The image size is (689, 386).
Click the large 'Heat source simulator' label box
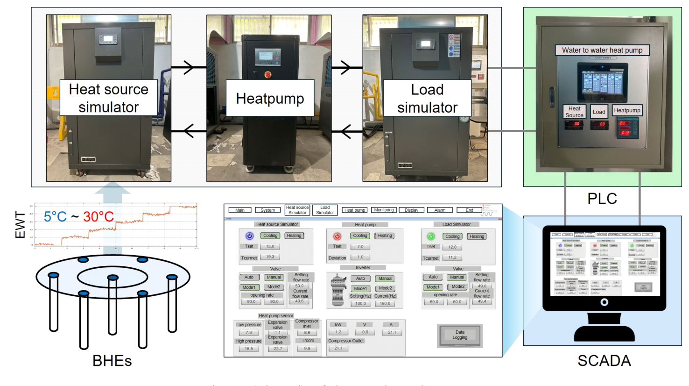coord(108,98)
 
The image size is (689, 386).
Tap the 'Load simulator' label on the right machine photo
coord(427,98)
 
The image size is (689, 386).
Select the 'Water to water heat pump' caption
coord(602,50)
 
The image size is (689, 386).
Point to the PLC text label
coord(602,199)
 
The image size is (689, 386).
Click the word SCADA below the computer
coord(604,361)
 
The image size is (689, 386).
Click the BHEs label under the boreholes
coord(112,361)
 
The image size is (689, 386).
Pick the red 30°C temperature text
coord(98,216)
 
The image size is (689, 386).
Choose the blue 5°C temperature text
coord(55,216)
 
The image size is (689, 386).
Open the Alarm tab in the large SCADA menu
coord(440,210)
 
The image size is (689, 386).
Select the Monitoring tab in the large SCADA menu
coord(384,210)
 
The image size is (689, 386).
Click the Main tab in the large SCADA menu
coord(240,210)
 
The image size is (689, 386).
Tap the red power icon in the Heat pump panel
coord(337,236)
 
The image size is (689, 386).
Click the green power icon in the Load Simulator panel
coord(431,236)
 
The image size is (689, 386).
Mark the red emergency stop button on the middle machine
coord(268,74)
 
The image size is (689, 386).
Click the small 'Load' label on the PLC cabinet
coord(599,112)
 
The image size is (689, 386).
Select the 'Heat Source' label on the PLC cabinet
coord(574,112)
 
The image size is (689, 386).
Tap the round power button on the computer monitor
coord(604,302)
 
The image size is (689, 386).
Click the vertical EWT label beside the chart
coord(20,225)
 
